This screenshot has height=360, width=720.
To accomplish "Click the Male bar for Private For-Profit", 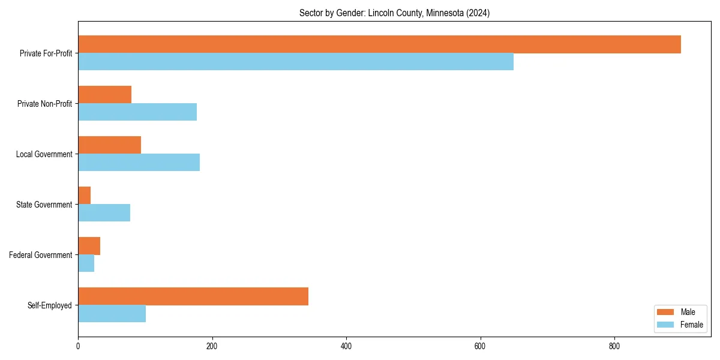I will [379, 44].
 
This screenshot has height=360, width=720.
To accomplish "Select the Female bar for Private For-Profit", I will [296, 62].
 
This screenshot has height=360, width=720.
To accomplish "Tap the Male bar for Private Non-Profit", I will [104, 95].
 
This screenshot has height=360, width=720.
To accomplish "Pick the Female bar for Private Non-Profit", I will [137, 112].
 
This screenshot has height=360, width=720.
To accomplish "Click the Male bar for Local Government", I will [109, 145].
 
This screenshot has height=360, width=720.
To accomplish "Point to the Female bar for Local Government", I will [139, 163].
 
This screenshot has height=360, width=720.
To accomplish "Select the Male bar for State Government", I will [85, 196].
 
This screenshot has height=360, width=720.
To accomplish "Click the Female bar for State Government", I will [104, 213].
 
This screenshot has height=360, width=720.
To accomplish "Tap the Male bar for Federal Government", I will [89, 246].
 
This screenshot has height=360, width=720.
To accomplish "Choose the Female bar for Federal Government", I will [86, 263].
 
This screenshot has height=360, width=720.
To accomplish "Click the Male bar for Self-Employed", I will [193, 296].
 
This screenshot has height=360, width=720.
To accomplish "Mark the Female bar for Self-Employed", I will [112, 314].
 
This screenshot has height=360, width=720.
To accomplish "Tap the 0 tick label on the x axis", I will [78, 346].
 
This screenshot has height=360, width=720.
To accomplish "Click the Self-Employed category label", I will [50, 305].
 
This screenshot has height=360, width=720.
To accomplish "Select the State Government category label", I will [44, 205].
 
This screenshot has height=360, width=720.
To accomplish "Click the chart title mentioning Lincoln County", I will [394, 13].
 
